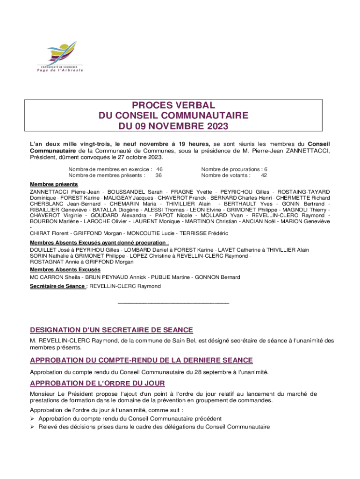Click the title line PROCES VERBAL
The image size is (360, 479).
pos(173,105)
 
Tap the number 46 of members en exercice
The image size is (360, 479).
pos(159,169)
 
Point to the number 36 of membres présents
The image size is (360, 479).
pos(159,175)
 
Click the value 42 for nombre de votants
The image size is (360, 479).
pos(264,175)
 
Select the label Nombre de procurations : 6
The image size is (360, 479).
pos(234,169)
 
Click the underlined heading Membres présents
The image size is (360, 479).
pos(48,184)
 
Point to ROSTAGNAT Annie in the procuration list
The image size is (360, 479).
pos(51,262)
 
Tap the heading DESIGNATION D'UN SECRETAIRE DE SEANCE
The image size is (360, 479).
pos(111,330)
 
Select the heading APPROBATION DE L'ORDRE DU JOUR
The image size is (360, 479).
pos(97,384)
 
